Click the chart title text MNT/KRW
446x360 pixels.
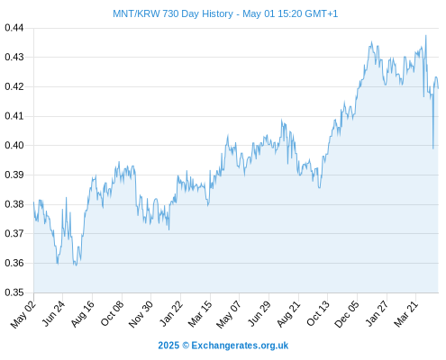click(136, 13)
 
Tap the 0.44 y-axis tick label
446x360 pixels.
click(14, 28)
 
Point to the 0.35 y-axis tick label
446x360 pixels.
click(14, 292)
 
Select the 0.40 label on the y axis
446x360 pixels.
click(14, 146)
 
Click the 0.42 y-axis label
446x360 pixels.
click(14, 86)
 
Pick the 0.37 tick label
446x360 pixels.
click(14, 233)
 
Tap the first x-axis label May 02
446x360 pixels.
click(23, 314)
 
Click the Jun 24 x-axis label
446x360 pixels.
click(53, 314)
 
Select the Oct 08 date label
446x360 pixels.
click(112, 314)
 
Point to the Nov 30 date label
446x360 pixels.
click(141, 314)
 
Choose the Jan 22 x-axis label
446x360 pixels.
click(170, 314)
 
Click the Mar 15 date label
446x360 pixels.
click(200, 314)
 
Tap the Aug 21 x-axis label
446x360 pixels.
click(288, 314)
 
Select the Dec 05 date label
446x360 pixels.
click(347, 314)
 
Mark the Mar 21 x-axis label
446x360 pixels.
click(405, 314)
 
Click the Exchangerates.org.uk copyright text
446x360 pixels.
click(240, 346)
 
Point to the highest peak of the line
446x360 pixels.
click(425, 36)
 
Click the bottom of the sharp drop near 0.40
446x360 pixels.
click(433, 148)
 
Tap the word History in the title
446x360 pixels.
click(217, 13)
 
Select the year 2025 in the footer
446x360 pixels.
click(168, 346)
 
